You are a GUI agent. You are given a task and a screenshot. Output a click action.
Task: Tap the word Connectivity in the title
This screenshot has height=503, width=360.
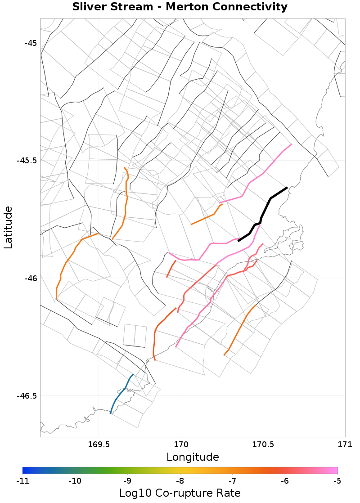251,7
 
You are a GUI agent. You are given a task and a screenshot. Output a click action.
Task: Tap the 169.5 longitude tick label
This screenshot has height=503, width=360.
99,445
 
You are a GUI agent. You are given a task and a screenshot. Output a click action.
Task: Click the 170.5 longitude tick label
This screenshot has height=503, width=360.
263,445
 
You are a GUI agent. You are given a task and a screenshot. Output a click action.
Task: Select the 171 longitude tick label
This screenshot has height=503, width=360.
345,445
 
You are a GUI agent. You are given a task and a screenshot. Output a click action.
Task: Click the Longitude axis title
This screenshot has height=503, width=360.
193,457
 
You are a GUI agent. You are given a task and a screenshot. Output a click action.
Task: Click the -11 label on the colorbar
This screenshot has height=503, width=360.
22,481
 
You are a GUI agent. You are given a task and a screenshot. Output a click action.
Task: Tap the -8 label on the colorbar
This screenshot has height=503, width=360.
180,481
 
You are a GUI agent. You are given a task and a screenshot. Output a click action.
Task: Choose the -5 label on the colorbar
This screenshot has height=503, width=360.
337,481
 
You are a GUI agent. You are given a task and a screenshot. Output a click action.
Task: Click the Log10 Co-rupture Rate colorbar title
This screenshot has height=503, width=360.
180,493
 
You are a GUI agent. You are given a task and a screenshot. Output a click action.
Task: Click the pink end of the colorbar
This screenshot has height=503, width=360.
331,470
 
